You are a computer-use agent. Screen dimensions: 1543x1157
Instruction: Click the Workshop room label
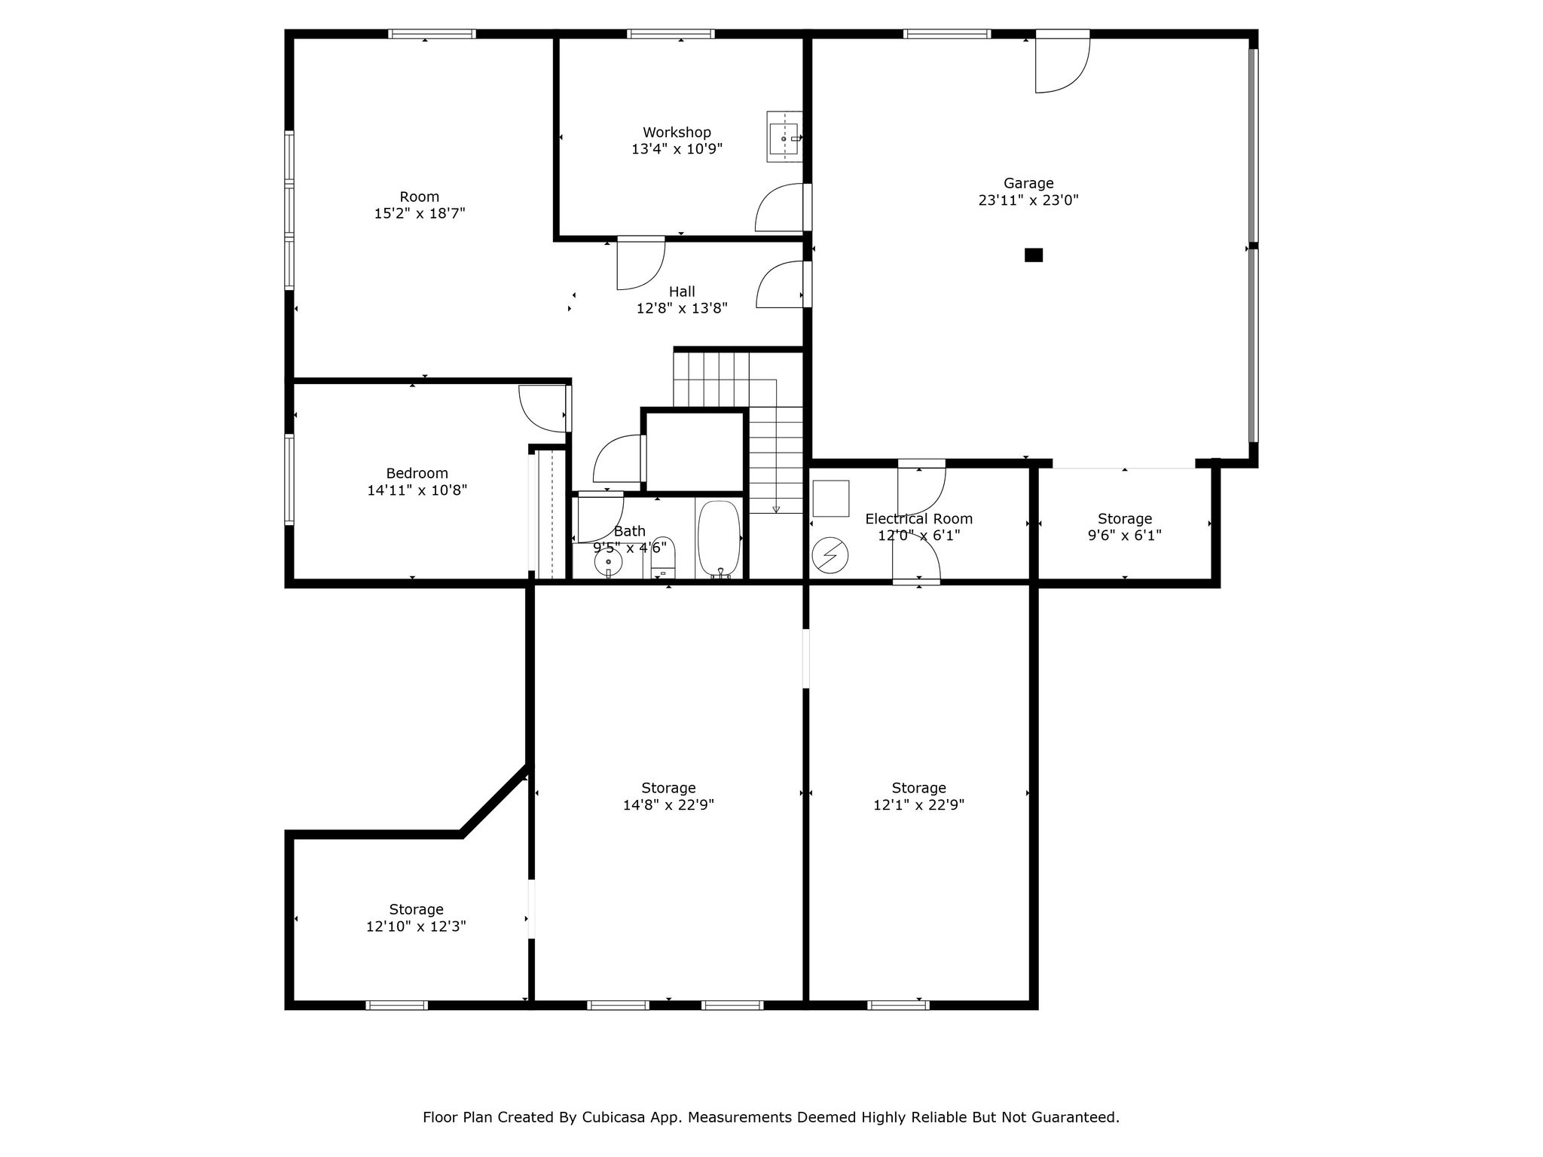point(677,133)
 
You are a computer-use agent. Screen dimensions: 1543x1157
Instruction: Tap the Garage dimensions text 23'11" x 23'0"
point(1028,200)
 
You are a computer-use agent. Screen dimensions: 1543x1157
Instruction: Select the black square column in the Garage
point(1034,255)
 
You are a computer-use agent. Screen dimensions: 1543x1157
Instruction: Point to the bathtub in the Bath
point(719,539)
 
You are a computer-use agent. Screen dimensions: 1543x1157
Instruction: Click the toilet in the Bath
point(663,558)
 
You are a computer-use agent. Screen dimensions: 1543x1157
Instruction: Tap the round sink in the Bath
point(608,561)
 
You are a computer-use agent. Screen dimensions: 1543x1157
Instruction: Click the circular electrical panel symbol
point(830,556)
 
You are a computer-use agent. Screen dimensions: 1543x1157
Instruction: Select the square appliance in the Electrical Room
point(831,499)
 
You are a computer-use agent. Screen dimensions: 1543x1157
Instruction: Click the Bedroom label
point(417,474)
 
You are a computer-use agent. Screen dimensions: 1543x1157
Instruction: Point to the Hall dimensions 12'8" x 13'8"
point(682,308)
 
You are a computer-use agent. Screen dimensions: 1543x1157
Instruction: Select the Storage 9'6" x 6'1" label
point(1125,527)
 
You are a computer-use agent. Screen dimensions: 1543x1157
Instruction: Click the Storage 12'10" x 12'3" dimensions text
point(416,927)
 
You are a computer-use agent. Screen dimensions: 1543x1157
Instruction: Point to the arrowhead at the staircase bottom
point(776,510)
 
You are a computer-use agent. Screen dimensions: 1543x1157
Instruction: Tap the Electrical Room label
point(918,519)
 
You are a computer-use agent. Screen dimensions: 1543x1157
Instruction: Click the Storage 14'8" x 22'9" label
point(668,796)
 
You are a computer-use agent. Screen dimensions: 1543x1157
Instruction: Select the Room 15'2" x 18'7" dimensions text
point(420,214)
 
